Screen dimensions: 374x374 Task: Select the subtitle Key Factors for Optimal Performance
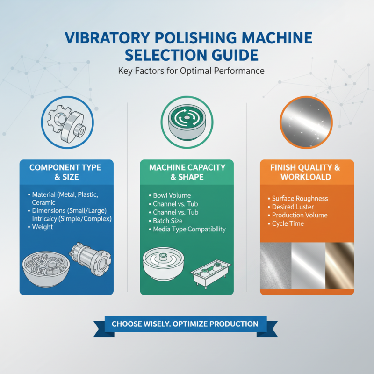point(187,71)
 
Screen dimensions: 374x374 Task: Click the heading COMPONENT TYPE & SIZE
point(66,172)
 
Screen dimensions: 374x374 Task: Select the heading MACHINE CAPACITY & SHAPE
point(187,172)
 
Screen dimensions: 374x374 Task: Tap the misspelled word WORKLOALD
point(307,177)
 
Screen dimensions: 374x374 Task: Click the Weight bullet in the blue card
point(43,227)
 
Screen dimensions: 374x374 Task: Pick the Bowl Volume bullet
point(172,195)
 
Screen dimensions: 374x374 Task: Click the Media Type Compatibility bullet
point(189,229)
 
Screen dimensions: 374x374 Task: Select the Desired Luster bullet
point(294,207)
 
